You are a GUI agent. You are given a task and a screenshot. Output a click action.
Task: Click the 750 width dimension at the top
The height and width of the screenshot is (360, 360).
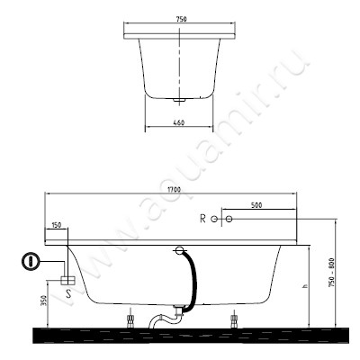[x=181, y=20]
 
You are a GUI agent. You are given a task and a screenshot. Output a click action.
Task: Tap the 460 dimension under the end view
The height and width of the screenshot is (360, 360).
[x=179, y=122]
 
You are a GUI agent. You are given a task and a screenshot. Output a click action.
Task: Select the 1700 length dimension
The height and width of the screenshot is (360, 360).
[x=174, y=190]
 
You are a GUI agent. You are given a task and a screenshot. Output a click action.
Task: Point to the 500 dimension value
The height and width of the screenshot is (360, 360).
[x=256, y=205]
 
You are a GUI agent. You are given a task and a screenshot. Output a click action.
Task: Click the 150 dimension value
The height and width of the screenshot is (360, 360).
[x=57, y=225]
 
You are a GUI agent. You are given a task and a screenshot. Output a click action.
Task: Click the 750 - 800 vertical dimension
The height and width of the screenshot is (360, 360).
[x=331, y=273]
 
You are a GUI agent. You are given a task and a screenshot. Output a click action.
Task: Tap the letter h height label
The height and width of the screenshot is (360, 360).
[x=305, y=286]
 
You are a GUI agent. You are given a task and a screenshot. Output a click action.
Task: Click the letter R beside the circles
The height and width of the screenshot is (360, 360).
[x=202, y=219]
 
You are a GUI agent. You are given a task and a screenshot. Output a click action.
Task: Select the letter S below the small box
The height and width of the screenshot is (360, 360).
[x=68, y=292]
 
